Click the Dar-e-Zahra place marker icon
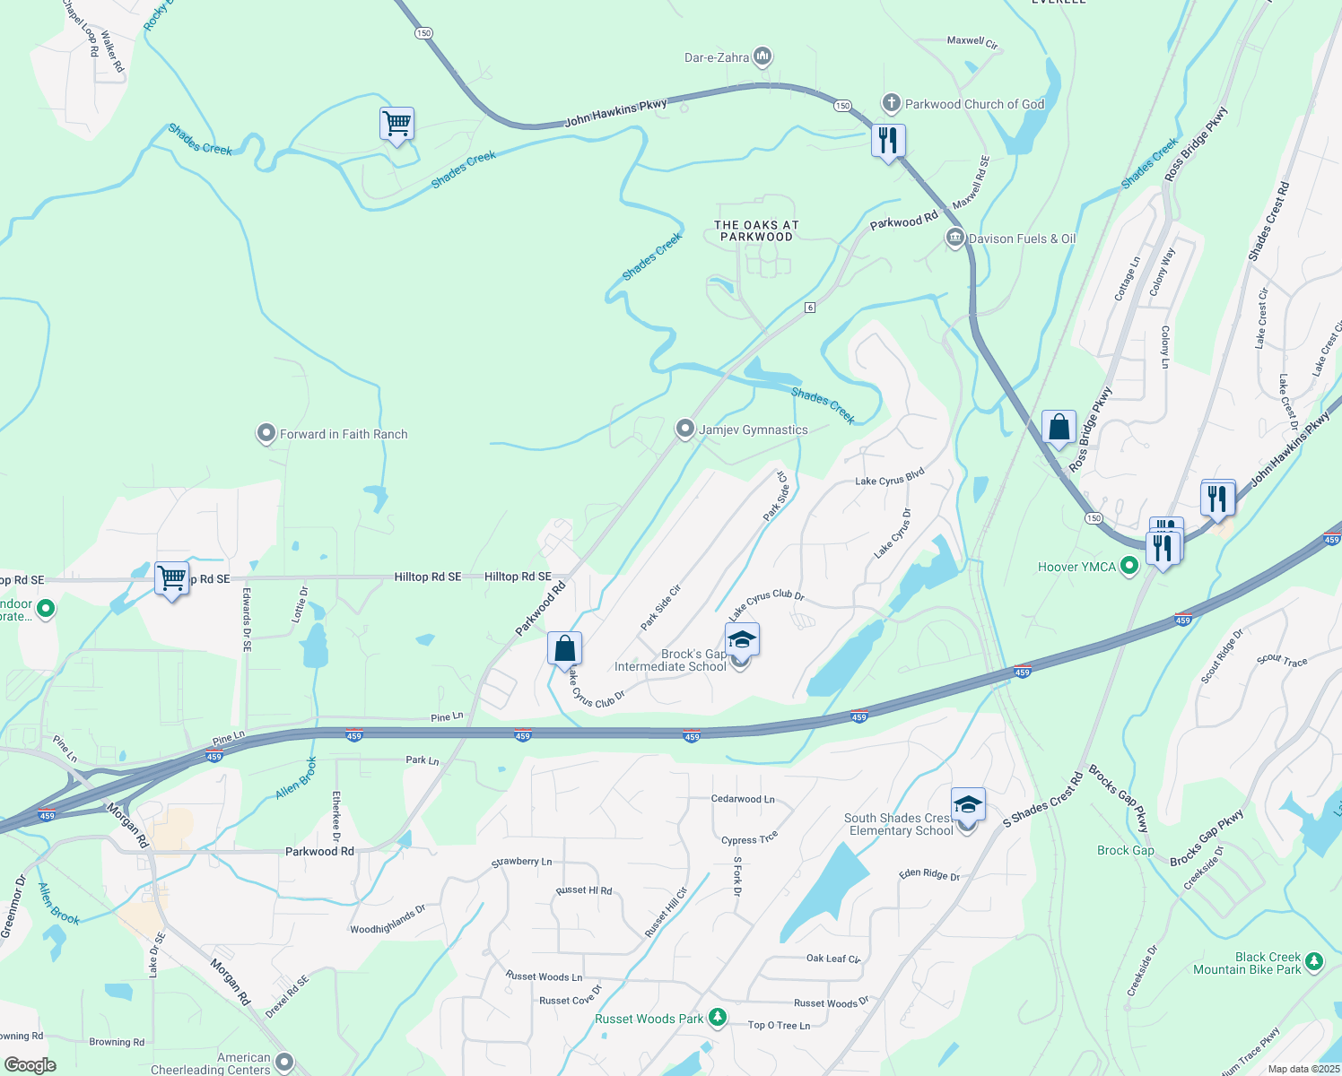pos(762,57)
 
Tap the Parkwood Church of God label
pos(974,104)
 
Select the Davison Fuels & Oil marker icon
pos(954,239)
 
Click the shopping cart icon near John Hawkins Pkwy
pos(396,124)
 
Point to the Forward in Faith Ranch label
pos(344,434)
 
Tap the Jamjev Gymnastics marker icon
pos(685,430)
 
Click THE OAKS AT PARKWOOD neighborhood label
pos(756,231)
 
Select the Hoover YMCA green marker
pos(1129,567)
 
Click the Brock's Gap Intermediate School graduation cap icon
pos(742,640)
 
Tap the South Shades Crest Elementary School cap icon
pos(968,804)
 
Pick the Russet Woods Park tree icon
pos(717,1018)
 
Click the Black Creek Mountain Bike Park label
pos(1247,963)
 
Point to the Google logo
pos(30,1064)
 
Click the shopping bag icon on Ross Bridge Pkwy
pos(1059,428)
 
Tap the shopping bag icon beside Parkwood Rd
pos(564,648)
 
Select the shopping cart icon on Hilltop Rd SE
pos(171,578)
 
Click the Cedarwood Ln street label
pos(742,799)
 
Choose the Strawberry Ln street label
pos(521,862)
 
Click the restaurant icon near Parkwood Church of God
pos(888,141)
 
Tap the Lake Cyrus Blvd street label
pos(889,477)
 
